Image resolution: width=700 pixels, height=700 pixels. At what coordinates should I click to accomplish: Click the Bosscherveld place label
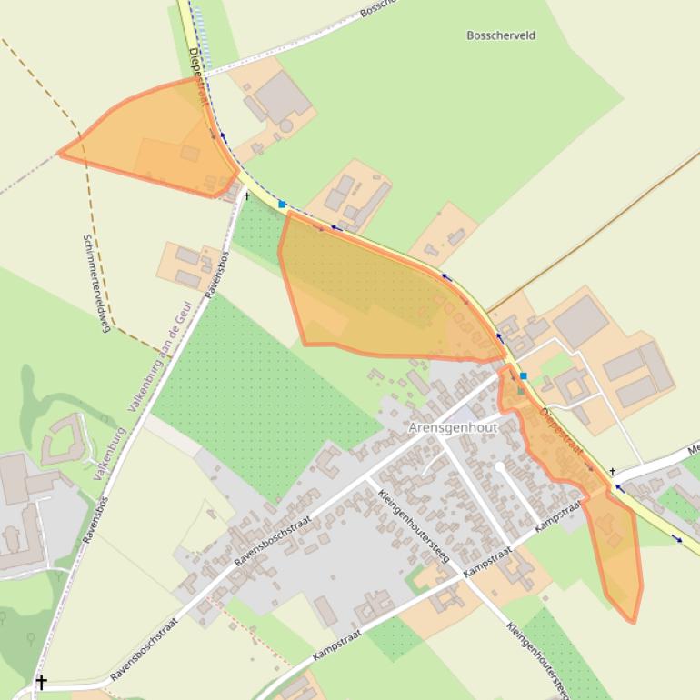click(x=500, y=35)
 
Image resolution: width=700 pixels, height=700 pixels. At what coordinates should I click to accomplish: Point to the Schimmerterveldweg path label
click(x=95, y=283)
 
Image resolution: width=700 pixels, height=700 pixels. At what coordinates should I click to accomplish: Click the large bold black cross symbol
click(x=41, y=682)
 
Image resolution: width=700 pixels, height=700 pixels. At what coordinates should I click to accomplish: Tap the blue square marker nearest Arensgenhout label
click(x=523, y=375)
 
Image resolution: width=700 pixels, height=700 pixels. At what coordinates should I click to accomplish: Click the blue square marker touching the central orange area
click(x=282, y=205)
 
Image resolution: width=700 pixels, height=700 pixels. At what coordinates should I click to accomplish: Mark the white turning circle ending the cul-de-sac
click(x=499, y=466)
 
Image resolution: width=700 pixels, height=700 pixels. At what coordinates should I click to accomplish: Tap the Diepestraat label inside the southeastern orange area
click(x=561, y=431)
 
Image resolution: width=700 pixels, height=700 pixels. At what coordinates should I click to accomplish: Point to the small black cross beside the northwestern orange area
click(x=246, y=195)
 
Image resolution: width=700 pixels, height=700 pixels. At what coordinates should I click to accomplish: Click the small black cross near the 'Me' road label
click(x=613, y=472)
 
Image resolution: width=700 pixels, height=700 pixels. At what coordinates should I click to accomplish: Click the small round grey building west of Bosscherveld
click(x=286, y=125)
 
